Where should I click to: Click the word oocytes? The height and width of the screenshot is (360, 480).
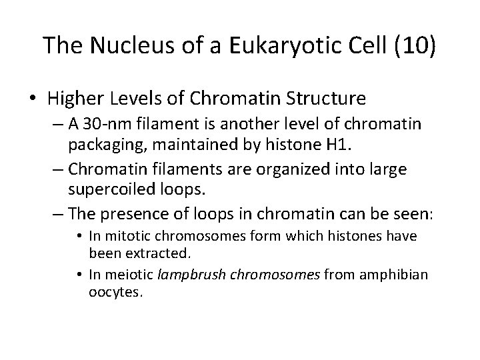click(117, 293)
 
